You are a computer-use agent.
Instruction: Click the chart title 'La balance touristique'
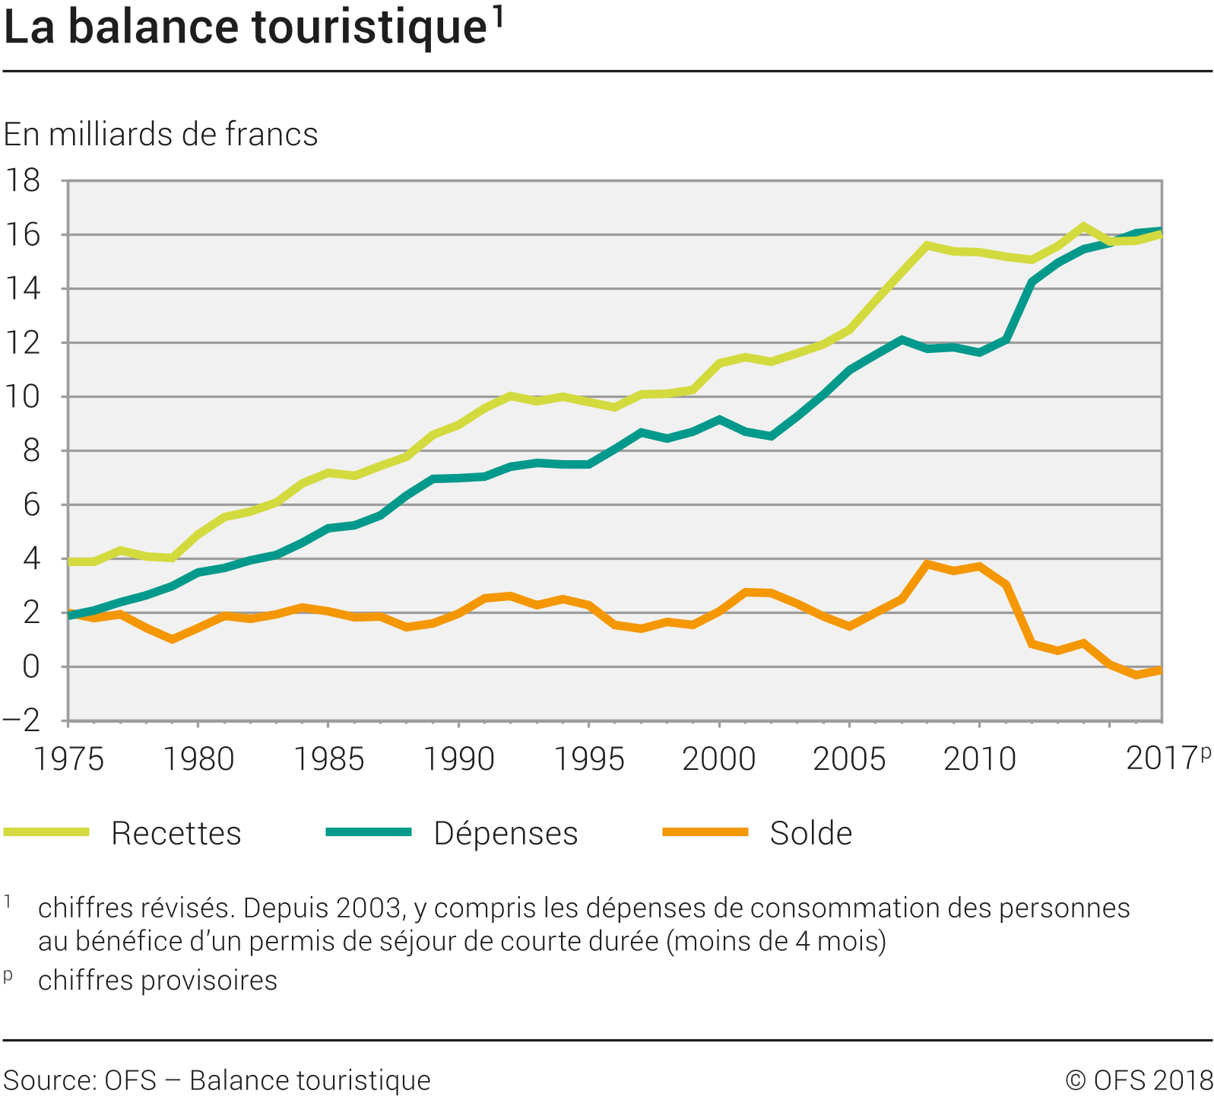coord(245,28)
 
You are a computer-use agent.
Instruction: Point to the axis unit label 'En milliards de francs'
coord(160,135)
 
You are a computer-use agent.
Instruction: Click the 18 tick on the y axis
coord(22,181)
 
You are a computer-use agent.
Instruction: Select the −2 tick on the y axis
coord(22,720)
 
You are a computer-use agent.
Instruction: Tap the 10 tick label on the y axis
coord(22,397)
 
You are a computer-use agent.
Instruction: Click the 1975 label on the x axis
coord(68,758)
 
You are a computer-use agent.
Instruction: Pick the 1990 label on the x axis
coord(458,758)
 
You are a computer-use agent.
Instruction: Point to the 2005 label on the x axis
coord(849,758)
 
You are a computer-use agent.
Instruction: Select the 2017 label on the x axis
coord(1161,758)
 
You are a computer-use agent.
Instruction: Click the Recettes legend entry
coord(176,833)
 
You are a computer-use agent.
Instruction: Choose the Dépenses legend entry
coord(506,833)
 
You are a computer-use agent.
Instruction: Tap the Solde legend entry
coord(810,833)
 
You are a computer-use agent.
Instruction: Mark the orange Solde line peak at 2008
coord(927,564)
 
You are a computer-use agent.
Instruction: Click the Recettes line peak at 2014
coord(1083,226)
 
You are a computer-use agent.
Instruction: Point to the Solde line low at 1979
coord(173,639)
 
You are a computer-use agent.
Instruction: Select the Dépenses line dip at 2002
coord(772,436)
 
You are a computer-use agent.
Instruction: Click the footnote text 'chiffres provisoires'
coord(157,981)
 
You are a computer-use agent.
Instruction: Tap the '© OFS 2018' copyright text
coord(1139,1080)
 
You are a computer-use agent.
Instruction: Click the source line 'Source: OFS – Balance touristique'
coord(217,1080)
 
